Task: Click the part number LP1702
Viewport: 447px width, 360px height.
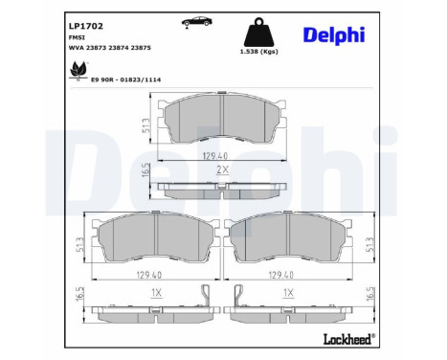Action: [x=86, y=26]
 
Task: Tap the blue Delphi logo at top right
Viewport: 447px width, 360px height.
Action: [x=334, y=34]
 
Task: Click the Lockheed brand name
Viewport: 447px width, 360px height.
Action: [x=349, y=339]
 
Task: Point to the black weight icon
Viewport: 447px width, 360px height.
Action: [x=258, y=33]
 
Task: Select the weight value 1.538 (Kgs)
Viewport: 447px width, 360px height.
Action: [x=258, y=52]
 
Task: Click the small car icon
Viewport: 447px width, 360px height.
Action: [x=197, y=22]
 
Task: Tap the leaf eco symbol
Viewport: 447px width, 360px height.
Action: [x=78, y=70]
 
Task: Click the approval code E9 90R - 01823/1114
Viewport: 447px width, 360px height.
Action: [x=126, y=79]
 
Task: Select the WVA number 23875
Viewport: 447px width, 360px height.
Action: [x=141, y=48]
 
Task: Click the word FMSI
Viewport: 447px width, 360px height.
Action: [x=77, y=37]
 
